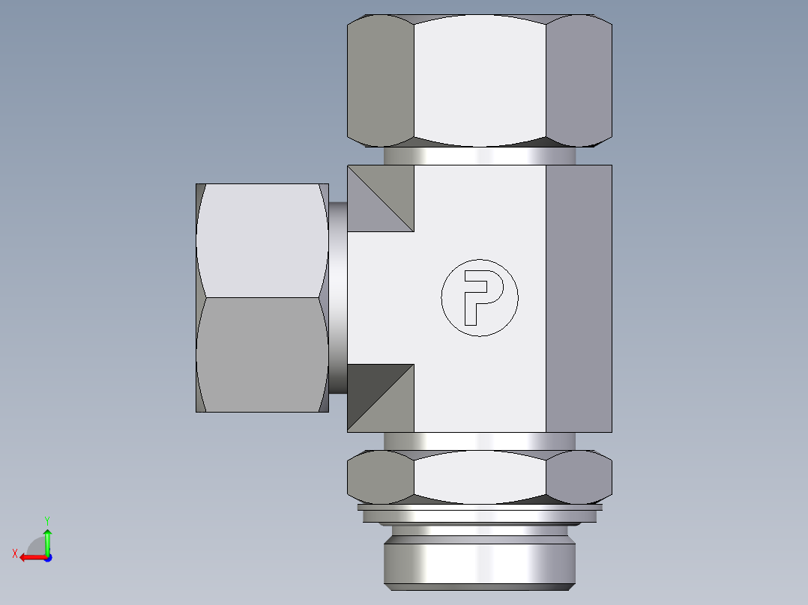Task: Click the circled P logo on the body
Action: point(480,298)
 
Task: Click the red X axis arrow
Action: point(30,557)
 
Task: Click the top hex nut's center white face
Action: point(480,81)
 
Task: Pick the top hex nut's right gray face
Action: point(579,81)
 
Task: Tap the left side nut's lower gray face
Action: point(262,353)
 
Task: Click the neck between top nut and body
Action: point(480,156)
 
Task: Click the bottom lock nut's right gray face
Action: point(579,477)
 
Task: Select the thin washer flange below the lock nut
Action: point(480,508)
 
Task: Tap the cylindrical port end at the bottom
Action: point(480,562)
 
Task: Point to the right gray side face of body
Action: point(579,298)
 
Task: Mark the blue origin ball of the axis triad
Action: point(47,557)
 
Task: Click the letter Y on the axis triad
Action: point(46,520)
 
